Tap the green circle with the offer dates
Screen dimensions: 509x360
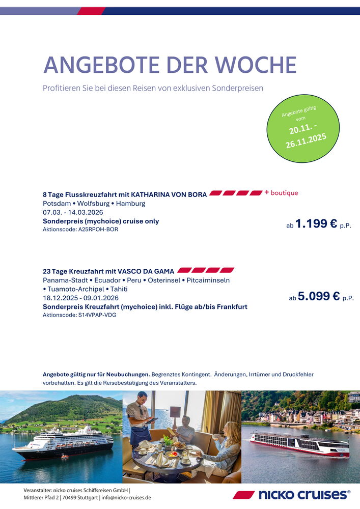point(303,129)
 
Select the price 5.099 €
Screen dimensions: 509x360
point(319,296)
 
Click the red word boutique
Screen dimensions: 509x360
point(284,193)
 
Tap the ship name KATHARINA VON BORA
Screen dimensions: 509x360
point(169,194)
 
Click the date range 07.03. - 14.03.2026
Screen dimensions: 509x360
point(73,212)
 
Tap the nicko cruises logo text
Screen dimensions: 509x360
point(303,494)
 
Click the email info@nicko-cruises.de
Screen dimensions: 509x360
point(125,497)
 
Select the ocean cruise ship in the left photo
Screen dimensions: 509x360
point(63,442)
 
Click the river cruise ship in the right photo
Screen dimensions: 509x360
point(300,443)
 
